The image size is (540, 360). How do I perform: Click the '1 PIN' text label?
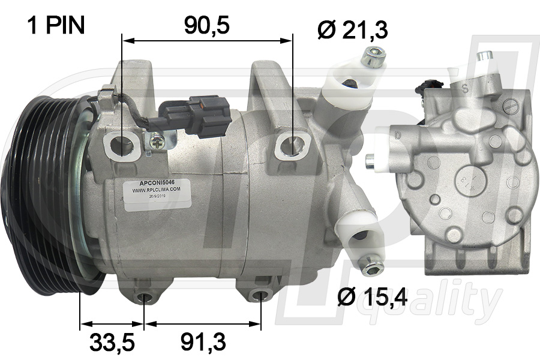pos(55,25)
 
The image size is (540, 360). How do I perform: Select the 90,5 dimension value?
pos(207,25)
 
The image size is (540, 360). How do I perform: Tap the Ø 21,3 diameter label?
pos(353,29)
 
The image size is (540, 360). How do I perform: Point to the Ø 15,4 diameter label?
pos(372,296)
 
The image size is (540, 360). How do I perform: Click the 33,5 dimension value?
pos(112,343)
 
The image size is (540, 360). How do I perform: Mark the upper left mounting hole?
pos(123,146)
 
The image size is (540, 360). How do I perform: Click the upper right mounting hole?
pos(293,145)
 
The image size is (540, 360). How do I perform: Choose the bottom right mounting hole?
pos(260,295)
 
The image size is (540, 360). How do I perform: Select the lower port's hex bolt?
pos(367,265)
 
